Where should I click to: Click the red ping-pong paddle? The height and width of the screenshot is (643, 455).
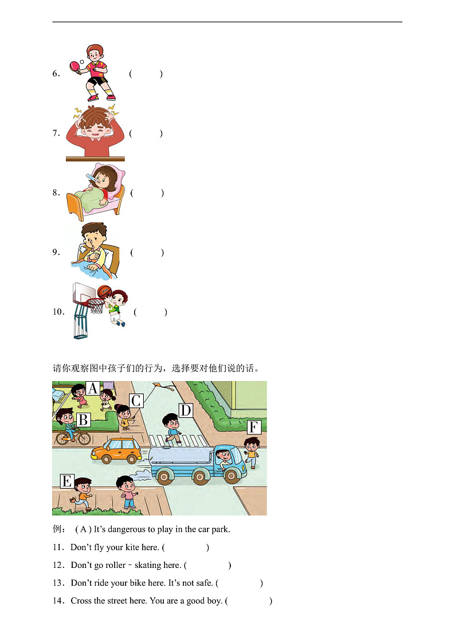coord(75,66)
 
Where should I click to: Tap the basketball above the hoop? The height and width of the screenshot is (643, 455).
coord(104,291)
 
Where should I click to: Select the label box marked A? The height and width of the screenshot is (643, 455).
coord(93,388)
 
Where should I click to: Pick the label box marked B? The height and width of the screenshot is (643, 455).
coord(83,419)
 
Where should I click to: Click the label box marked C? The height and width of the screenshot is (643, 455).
coord(136,400)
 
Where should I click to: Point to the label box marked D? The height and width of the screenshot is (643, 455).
coord(186,410)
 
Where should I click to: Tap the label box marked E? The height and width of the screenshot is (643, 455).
coord(67,481)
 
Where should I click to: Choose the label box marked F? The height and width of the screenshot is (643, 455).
coord(254,428)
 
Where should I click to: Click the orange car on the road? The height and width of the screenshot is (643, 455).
coord(116,450)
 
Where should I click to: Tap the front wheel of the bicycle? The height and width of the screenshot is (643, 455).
coord(84,439)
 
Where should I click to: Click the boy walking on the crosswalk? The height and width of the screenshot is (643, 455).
coord(172,429)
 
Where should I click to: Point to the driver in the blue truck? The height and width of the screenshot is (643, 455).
coord(223,458)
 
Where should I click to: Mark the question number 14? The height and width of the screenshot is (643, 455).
coord(58,601)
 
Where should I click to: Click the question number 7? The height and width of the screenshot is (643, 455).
coord(56,134)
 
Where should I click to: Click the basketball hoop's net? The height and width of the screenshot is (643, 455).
coord(97,306)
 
